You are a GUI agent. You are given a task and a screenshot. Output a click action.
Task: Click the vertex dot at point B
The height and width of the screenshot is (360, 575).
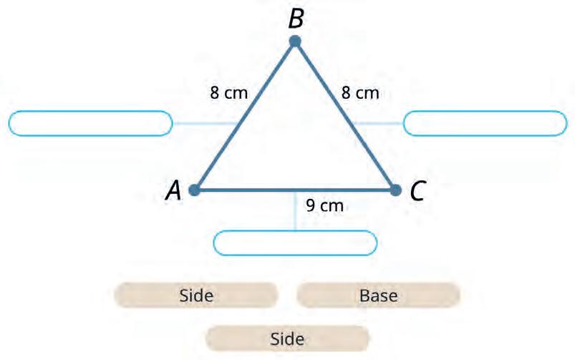[x=295, y=42]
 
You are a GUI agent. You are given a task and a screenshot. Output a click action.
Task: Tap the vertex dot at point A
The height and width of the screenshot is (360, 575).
[x=194, y=190]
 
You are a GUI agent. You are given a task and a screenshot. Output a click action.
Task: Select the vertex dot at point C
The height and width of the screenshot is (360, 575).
[x=395, y=190]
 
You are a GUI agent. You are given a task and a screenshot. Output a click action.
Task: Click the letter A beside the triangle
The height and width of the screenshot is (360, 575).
[x=173, y=190]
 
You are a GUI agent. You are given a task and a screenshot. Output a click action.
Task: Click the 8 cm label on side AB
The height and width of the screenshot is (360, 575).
[x=228, y=92]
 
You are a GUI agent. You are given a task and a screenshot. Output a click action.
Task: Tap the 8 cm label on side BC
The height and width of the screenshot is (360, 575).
[x=360, y=92]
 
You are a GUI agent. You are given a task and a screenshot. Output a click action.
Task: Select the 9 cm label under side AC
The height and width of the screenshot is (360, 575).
[x=324, y=206]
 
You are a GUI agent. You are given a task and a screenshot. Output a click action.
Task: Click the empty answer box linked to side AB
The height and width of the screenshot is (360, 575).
[x=90, y=123]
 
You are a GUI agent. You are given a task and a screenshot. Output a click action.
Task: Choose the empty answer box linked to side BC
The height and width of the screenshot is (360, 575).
[x=485, y=123]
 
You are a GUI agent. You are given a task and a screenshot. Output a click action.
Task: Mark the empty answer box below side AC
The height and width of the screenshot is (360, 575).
[x=295, y=243]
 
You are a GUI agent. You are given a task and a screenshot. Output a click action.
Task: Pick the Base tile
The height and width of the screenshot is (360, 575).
[x=378, y=294]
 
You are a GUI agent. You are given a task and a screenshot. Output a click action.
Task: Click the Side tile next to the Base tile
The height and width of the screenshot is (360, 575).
[x=196, y=294]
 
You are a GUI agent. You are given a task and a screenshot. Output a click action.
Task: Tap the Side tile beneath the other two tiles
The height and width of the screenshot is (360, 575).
[x=287, y=338]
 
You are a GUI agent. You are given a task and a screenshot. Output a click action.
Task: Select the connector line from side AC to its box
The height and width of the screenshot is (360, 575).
[x=295, y=211]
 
